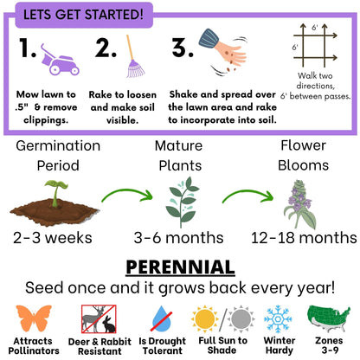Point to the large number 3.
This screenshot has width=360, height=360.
point(181,48)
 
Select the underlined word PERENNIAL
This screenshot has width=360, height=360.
point(180,265)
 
